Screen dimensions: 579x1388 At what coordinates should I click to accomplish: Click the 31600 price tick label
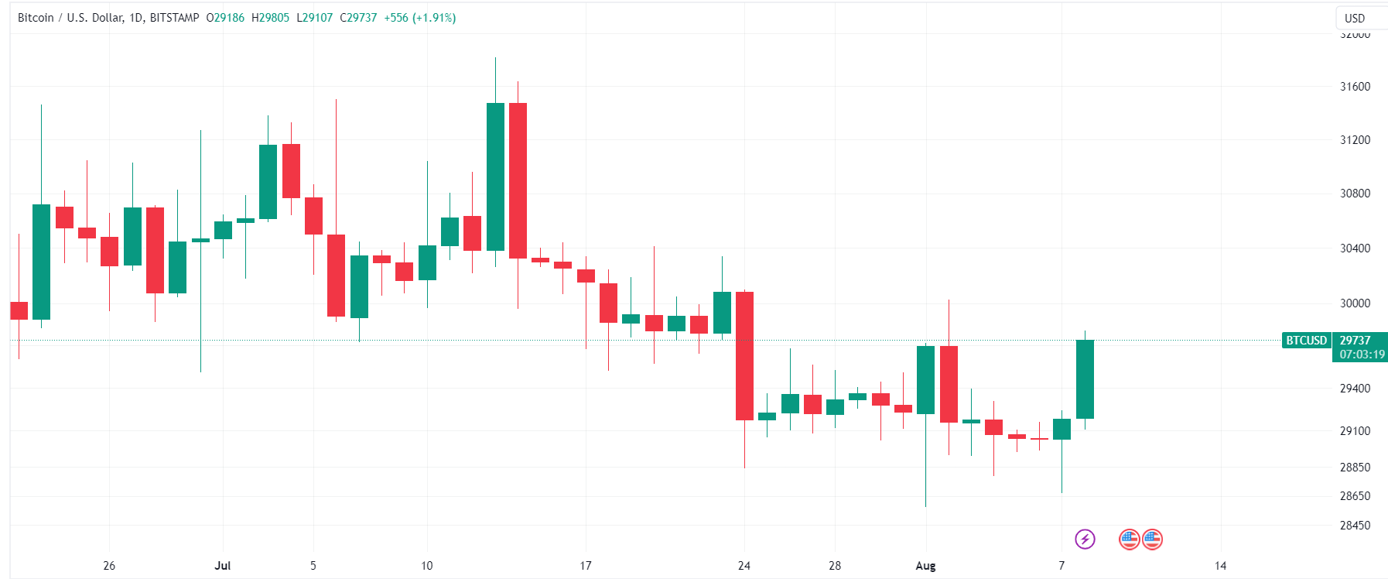point(1355,87)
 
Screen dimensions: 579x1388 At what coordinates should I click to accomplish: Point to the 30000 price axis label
point(1355,303)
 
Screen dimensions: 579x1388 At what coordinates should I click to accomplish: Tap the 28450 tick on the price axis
point(1355,526)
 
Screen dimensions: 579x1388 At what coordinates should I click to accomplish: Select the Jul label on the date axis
point(223,566)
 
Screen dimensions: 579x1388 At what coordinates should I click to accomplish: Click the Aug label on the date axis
point(925,566)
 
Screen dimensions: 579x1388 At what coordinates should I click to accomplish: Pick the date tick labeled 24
point(744,566)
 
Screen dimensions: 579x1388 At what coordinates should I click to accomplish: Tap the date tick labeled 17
point(586,566)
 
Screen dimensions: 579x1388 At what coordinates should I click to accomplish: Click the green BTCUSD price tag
point(1306,341)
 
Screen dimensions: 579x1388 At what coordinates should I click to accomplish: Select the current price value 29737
point(1356,341)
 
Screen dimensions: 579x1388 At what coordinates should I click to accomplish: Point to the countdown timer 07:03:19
point(1362,355)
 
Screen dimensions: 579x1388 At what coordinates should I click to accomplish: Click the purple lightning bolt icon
point(1085,539)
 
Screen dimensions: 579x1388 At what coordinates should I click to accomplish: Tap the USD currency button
point(1355,18)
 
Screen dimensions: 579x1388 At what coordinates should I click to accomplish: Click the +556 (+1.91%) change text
point(420,18)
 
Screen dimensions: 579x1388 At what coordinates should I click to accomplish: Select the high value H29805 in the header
point(270,18)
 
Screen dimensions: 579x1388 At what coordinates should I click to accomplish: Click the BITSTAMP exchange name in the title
point(174,18)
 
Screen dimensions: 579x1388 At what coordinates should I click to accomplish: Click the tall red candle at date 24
point(744,356)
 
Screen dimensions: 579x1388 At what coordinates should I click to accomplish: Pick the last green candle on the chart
point(1085,379)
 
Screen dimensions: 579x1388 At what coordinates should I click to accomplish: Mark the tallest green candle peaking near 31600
point(495,176)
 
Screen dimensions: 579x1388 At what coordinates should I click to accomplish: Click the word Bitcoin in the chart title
point(36,18)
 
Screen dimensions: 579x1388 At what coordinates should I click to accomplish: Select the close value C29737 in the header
point(358,18)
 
